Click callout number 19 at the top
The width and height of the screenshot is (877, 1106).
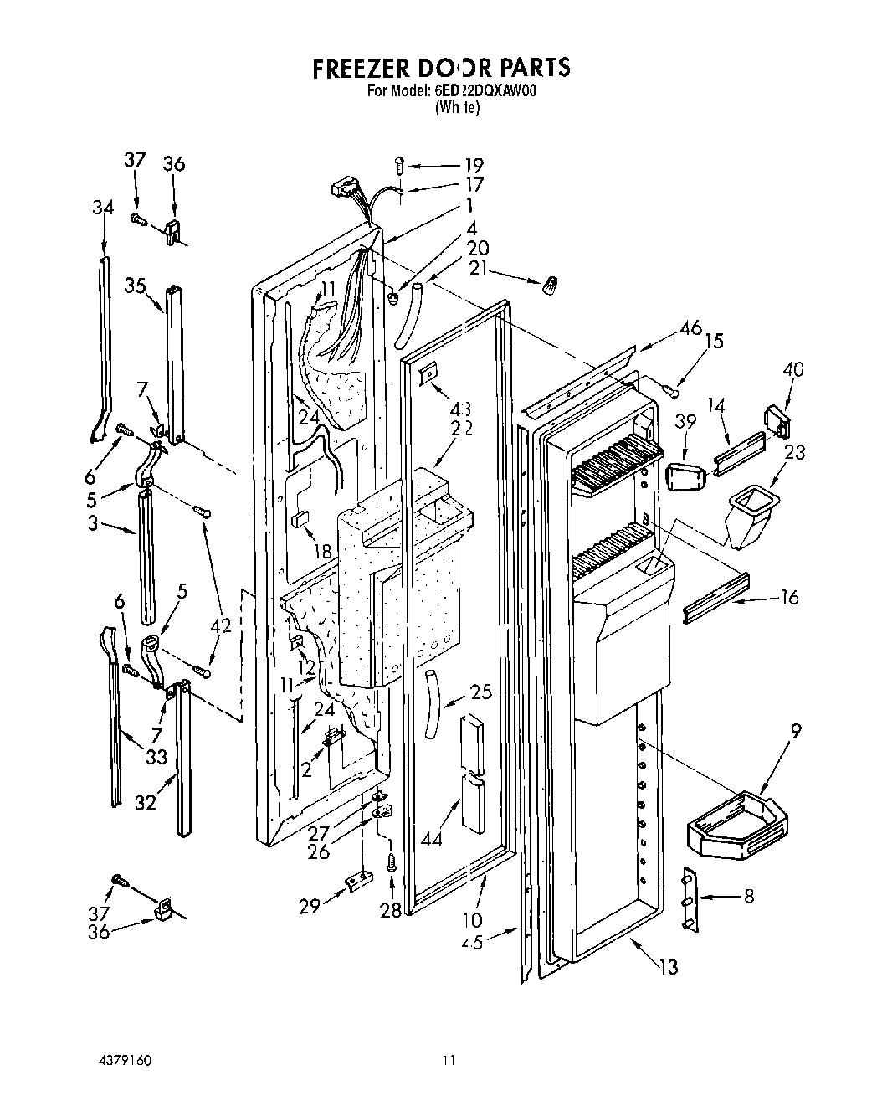474,165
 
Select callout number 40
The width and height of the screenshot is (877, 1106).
793,369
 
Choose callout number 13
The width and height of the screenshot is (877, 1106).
668,968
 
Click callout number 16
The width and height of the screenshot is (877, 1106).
789,597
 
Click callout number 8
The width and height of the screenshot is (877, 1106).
748,896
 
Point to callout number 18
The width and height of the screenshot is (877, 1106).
322,551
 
